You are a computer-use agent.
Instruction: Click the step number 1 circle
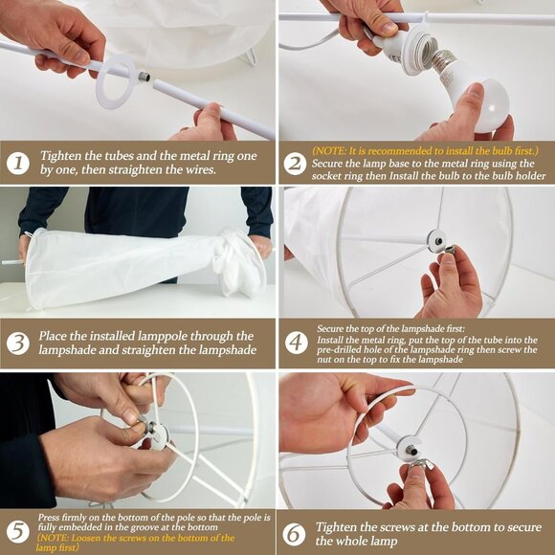(17, 163)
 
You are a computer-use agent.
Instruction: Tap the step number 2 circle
(295, 164)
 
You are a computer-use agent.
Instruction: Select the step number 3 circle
(17, 344)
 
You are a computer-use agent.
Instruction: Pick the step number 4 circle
(297, 343)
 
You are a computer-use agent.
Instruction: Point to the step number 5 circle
(17, 532)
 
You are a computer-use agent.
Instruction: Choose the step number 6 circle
(294, 534)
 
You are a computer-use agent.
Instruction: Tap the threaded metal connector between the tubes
(144, 77)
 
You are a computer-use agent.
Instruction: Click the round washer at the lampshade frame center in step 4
(437, 241)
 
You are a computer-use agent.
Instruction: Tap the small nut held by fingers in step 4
(450, 249)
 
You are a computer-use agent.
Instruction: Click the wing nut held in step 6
(420, 463)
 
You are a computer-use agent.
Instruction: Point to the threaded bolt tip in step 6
(411, 451)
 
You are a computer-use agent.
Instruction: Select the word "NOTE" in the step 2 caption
(330, 151)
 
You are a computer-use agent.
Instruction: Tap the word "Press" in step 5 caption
(48, 517)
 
